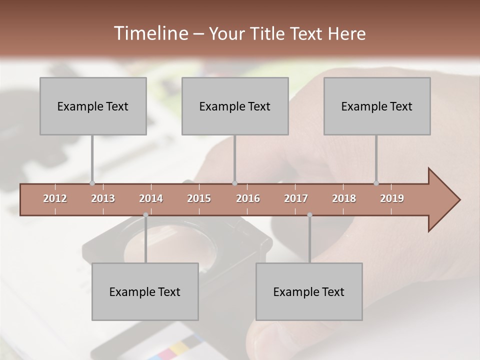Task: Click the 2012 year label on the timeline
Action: (x=55, y=198)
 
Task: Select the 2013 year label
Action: (x=103, y=198)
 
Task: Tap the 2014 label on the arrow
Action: (x=151, y=198)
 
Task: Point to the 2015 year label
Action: (x=199, y=198)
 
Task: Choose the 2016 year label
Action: (x=248, y=198)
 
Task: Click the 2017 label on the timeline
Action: (x=296, y=198)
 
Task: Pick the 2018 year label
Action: (x=344, y=198)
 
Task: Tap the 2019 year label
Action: (x=392, y=198)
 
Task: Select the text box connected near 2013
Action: (x=93, y=106)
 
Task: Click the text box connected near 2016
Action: (x=235, y=106)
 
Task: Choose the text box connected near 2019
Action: (x=377, y=106)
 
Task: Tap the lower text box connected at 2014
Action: (x=145, y=291)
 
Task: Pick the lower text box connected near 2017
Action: (x=309, y=291)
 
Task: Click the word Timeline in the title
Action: (x=149, y=33)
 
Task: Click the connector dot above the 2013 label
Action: (x=92, y=183)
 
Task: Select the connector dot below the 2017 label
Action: (x=309, y=215)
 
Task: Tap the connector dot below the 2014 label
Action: (x=145, y=215)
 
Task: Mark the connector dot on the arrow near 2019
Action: (x=376, y=183)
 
